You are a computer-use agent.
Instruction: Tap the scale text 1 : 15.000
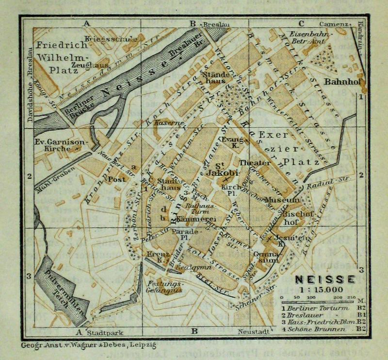tap(324, 290)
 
